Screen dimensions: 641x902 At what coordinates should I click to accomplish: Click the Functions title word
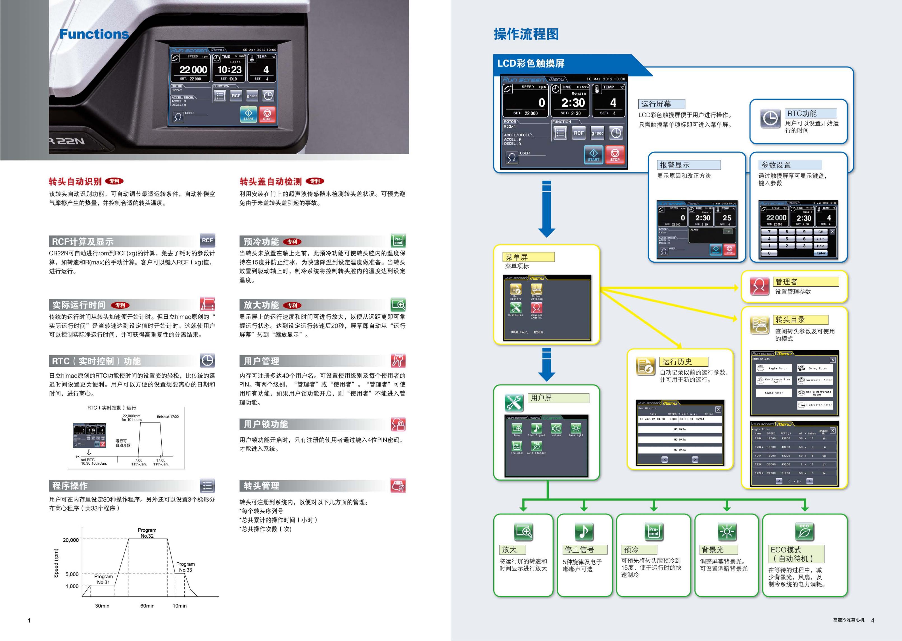pos(94,34)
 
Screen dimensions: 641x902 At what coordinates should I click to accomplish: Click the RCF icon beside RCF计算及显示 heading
pos(207,240)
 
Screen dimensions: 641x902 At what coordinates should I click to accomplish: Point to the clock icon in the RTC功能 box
pos(770,118)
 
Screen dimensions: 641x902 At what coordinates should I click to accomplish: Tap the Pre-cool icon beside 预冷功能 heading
pos(398,241)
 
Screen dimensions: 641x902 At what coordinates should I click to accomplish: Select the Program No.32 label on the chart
pos(147,533)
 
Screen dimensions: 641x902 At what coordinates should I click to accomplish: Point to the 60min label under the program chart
pos(147,605)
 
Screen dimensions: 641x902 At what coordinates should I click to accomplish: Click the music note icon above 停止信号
pos(584,531)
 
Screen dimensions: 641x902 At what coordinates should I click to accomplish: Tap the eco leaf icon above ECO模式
pos(805,532)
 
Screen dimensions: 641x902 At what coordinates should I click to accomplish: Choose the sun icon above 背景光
pos(727,532)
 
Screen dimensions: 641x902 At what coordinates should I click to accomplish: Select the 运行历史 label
pos(677,362)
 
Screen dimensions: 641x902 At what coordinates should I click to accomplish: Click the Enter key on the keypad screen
pos(821,253)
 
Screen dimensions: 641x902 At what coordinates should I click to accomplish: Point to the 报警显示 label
pos(675,165)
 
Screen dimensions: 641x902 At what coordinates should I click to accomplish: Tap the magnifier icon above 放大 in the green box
pos(524,532)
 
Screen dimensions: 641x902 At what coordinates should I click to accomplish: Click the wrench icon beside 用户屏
pos(514,403)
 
